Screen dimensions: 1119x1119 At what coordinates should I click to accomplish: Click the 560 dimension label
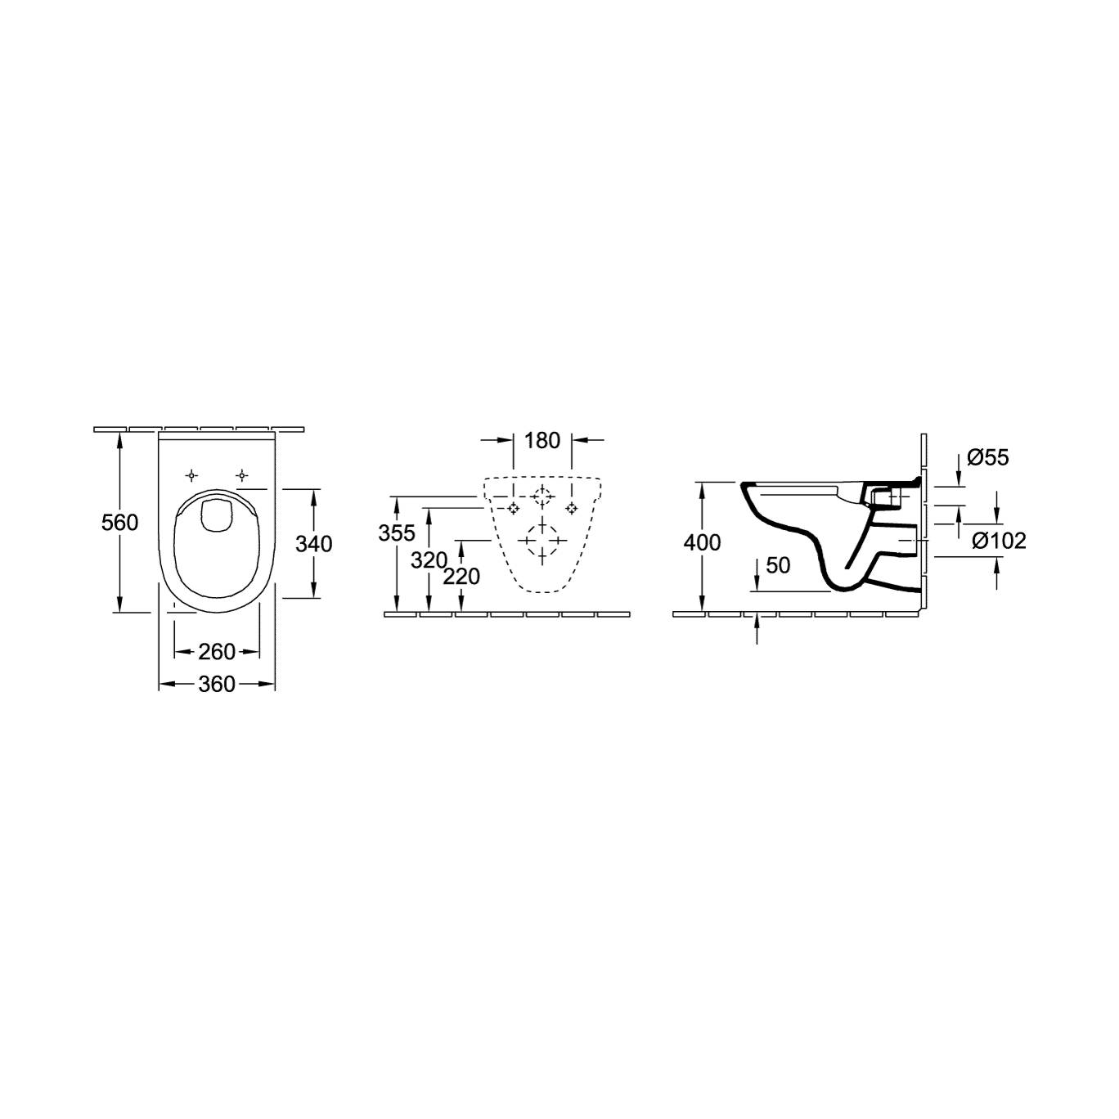coord(119,523)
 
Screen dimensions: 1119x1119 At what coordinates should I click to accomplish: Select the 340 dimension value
coord(313,543)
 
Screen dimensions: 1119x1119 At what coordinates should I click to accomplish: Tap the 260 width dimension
coord(217,652)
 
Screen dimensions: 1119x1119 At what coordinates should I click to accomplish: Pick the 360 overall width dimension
coord(217,684)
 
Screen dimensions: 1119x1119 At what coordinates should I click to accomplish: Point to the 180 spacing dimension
coord(542,440)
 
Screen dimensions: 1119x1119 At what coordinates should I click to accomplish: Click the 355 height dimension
coord(397,533)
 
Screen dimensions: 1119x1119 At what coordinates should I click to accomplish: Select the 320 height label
coord(429,560)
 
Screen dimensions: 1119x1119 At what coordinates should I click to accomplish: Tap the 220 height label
coord(461,577)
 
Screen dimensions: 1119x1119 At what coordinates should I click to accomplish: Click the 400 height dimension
coord(702,542)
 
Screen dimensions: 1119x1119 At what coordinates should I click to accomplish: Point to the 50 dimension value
coord(778,565)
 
